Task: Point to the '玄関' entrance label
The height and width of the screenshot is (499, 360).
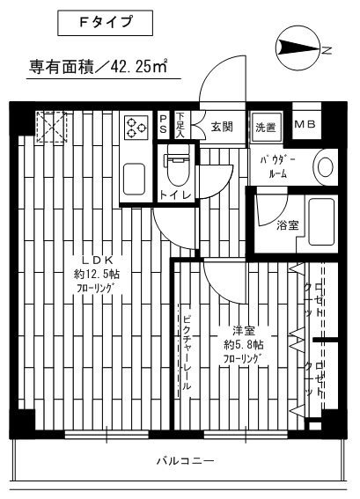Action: (221, 127)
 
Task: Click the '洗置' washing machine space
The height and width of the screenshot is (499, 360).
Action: (265, 128)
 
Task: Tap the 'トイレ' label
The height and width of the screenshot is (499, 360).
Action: (172, 195)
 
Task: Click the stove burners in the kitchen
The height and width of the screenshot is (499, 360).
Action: (137, 127)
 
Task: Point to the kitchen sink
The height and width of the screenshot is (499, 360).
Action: (136, 178)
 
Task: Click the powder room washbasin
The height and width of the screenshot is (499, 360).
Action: (326, 165)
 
